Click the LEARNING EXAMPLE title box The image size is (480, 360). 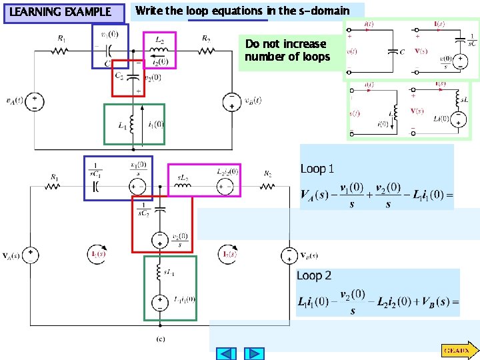pos(64,12)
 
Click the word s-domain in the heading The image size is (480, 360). pos(324,11)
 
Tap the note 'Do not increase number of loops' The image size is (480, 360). pos(287,50)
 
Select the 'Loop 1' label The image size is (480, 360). pos(317,169)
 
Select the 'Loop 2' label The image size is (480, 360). pos(314,275)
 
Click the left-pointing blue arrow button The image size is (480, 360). pos(227,353)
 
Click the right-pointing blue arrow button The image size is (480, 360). pos(253,353)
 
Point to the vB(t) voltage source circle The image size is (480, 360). pos(231,101)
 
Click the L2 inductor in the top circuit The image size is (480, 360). pos(159,51)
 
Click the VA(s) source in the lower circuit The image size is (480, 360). pos(31,255)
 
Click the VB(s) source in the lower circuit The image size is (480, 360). pos(289,255)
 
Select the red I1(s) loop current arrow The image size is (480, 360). pos(97,254)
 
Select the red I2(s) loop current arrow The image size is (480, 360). pos(227,254)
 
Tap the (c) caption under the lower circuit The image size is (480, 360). pos(161,339)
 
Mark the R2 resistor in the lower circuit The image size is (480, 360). pos(267,186)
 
